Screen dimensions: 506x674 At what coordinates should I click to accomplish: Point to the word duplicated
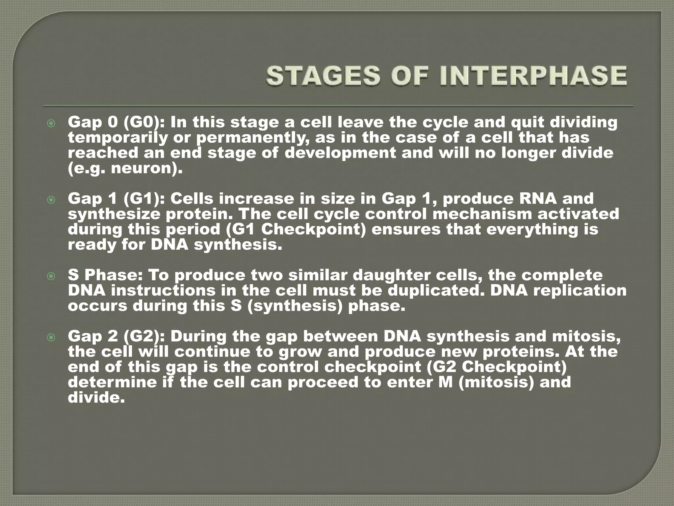tap(435, 291)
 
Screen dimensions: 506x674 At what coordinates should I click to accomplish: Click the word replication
tap(579, 291)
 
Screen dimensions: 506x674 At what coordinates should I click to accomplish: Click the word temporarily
tap(118, 138)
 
